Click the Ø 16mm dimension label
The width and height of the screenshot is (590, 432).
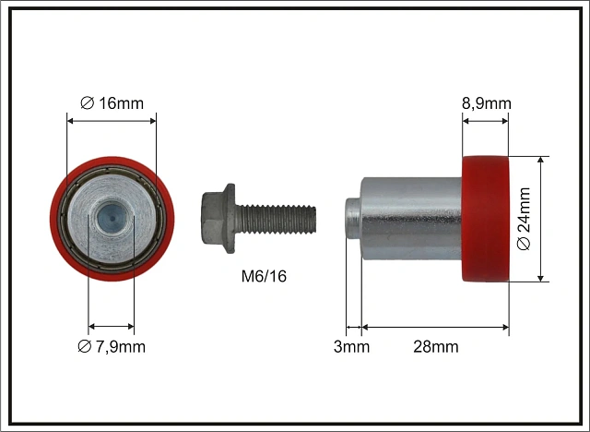tap(112, 103)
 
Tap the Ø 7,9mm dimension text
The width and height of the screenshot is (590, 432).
tap(112, 346)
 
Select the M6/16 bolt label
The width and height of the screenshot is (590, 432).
tap(264, 276)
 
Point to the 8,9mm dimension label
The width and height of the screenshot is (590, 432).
tap(487, 103)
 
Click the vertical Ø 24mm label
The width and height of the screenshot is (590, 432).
tap(524, 219)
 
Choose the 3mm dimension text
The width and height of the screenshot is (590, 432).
tap(351, 346)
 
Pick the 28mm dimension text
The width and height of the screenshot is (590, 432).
tap(436, 346)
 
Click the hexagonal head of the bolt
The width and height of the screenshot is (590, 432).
tap(213, 218)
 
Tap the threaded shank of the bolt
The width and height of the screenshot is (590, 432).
tap(276, 218)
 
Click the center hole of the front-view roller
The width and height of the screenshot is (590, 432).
tap(112, 218)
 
